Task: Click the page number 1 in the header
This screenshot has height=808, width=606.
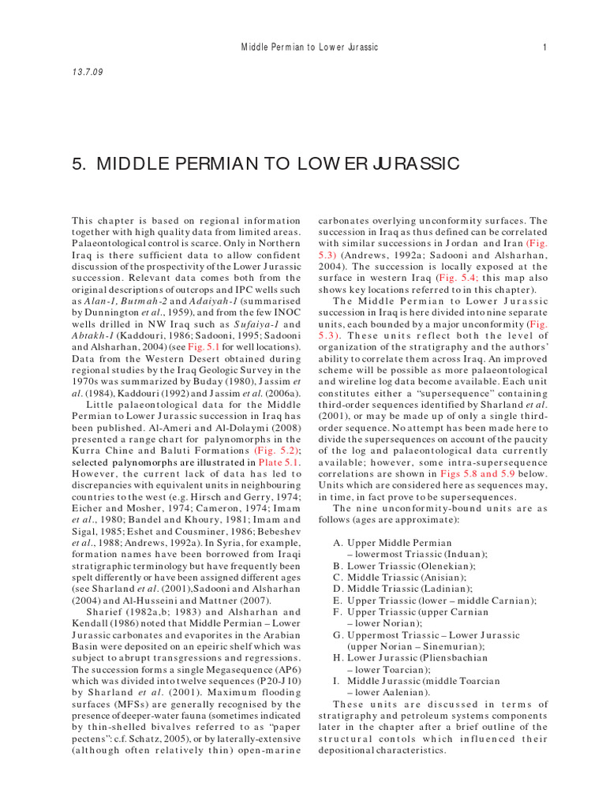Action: [x=544, y=47]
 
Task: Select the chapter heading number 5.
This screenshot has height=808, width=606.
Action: [x=78, y=163]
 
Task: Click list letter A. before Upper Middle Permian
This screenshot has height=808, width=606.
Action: [x=338, y=543]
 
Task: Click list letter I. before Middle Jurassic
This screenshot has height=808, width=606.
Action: [x=338, y=680]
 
